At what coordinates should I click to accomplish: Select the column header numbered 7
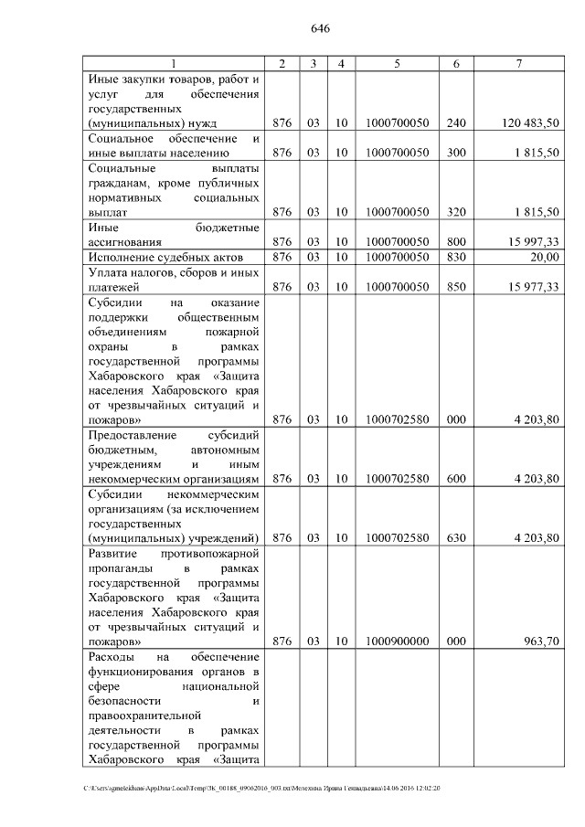point(518,63)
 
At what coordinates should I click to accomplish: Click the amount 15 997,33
point(537,241)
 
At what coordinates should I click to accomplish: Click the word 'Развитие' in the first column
point(112,554)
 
